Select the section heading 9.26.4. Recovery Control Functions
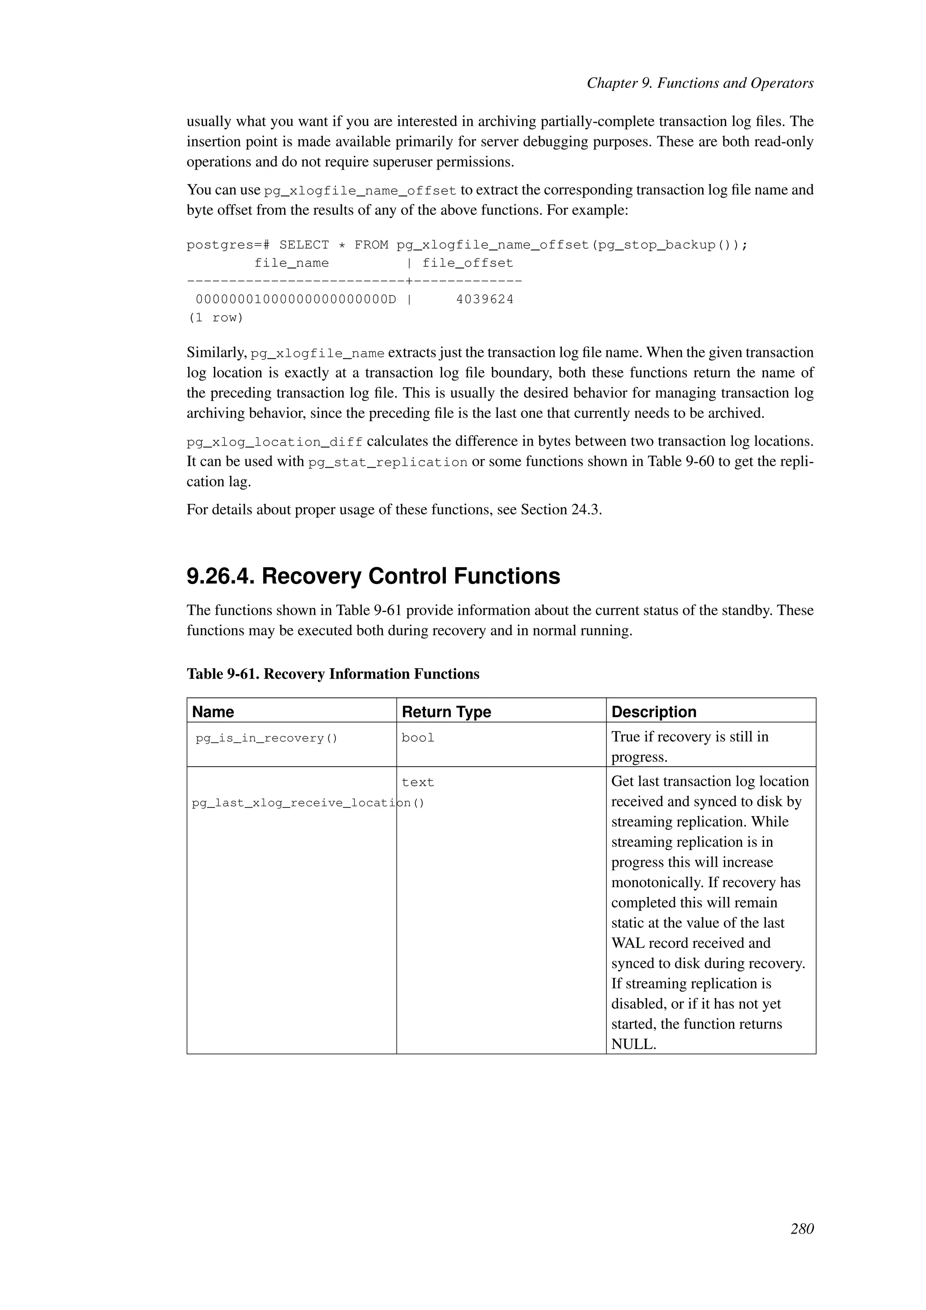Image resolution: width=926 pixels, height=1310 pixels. pyautogui.click(x=373, y=576)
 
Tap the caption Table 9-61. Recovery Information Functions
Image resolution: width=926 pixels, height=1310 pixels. pyautogui.click(x=332, y=674)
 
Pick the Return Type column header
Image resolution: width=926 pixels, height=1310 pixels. pyautogui.click(x=446, y=712)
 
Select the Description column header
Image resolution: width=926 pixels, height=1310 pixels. pyautogui.click(x=653, y=712)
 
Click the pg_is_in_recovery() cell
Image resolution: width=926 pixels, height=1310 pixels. pyautogui.click(x=266, y=738)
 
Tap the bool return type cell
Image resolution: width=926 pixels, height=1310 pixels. pyautogui.click(x=417, y=738)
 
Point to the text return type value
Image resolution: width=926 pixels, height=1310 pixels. pyautogui.click(x=417, y=782)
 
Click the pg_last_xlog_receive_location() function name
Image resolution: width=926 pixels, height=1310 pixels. pyautogui.click(x=308, y=803)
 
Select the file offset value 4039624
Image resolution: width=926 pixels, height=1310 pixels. pyautogui.click(x=485, y=299)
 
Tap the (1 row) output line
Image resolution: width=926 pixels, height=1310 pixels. pyautogui.click(x=216, y=318)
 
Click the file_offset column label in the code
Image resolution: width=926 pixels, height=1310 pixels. pyautogui.click(x=468, y=263)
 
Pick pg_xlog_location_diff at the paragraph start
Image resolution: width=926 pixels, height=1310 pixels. pyautogui.click(x=274, y=442)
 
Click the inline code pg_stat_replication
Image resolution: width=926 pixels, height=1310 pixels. pyautogui.click(x=388, y=462)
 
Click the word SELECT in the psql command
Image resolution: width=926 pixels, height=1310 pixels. pyautogui.click(x=304, y=245)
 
